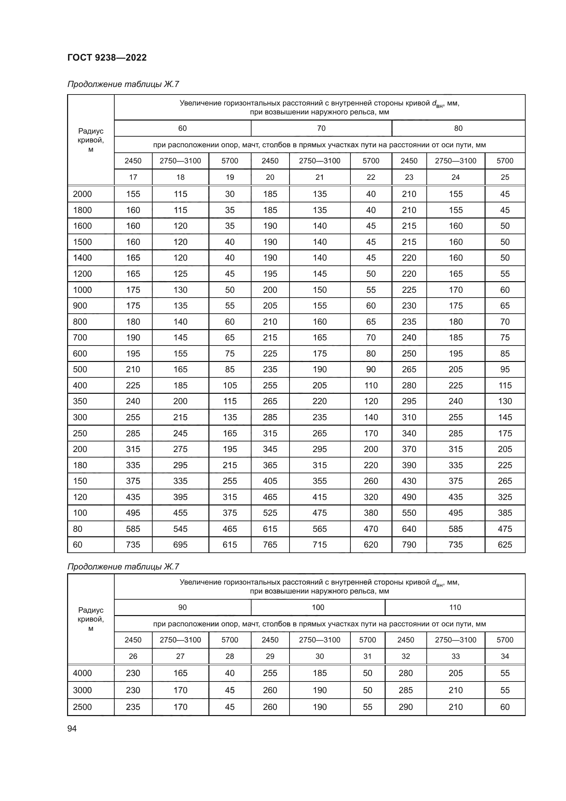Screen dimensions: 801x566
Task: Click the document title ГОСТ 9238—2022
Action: pyautogui.click(x=107, y=58)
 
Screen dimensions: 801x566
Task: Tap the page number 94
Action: pyautogui.click(x=72, y=728)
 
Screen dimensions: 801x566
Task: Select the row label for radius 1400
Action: pyautogui.click(x=82, y=258)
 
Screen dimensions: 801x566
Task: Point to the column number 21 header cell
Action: pyautogui.click(x=320, y=177)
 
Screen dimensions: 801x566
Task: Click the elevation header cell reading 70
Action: pyautogui.click(x=321, y=128)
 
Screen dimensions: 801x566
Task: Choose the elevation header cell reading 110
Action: pyautogui.click(x=455, y=608)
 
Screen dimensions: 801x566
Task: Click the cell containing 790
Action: pyautogui.click(x=409, y=545)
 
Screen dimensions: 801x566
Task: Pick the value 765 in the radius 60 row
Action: pyautogui.click(x=270, y=545)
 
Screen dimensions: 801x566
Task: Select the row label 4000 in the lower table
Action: pyautogui.click(x=82, y=673)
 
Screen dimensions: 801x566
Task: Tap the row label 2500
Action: pyautogui.click(x=82, y=707)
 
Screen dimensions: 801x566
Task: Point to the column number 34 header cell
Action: pyautogui.click(x=505, y=656)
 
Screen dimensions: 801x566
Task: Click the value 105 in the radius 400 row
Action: pyautogui.click(x=230, y=386)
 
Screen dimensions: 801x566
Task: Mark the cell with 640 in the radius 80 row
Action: pyautogui.click(x=409, y=529)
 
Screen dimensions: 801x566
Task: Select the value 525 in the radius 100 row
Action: pyautogui.click(x=270, y=513)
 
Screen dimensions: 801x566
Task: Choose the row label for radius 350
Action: pyautogui.click(x=80, y=401)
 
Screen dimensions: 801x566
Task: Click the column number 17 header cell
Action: pyautogui.click(x=133, y=177)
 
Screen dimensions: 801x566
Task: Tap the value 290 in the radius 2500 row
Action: pyautogui.click(x=406, y=707)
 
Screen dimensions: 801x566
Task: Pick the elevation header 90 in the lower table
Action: pyautogui.click(x=182, y=608)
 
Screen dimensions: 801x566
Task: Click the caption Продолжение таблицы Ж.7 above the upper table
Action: pyautogui.click(x=123, y=85)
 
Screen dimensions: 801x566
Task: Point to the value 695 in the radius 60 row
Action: pyautogui.click(x=180, y=545)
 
